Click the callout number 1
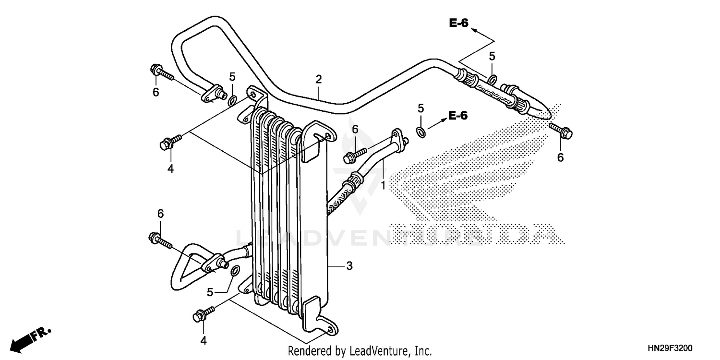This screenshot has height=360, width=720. coord(383,185)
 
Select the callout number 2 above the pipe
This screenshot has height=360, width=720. coord(318,79)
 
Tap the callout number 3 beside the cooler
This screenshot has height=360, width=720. coord(349,265)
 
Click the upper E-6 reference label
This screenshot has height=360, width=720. coord(458,23)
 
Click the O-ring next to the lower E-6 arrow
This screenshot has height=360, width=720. coord(420,132)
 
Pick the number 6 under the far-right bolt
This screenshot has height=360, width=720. coord(560,157)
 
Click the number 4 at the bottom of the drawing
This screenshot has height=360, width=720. coord(203,340)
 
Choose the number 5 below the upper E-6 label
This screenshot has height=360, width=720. coord(492,56)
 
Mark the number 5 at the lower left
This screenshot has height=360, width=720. coord(210,292)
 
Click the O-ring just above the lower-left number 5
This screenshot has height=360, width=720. coord(235,272)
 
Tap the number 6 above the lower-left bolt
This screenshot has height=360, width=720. coord(160,213)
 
